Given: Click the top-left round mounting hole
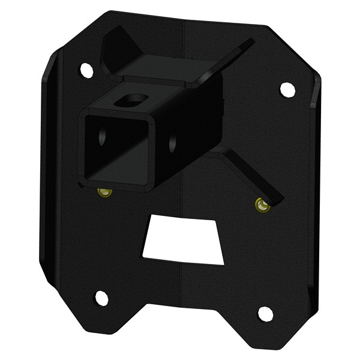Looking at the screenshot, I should tap(86, 70).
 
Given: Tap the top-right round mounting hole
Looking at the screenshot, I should tap(287, 89).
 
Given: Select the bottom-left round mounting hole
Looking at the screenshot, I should tap(101, 298).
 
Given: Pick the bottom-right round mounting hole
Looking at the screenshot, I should tap(265, 313).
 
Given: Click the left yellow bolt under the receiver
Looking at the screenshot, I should tap(104, 193).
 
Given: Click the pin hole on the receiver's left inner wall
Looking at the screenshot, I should tap(103, 137).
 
